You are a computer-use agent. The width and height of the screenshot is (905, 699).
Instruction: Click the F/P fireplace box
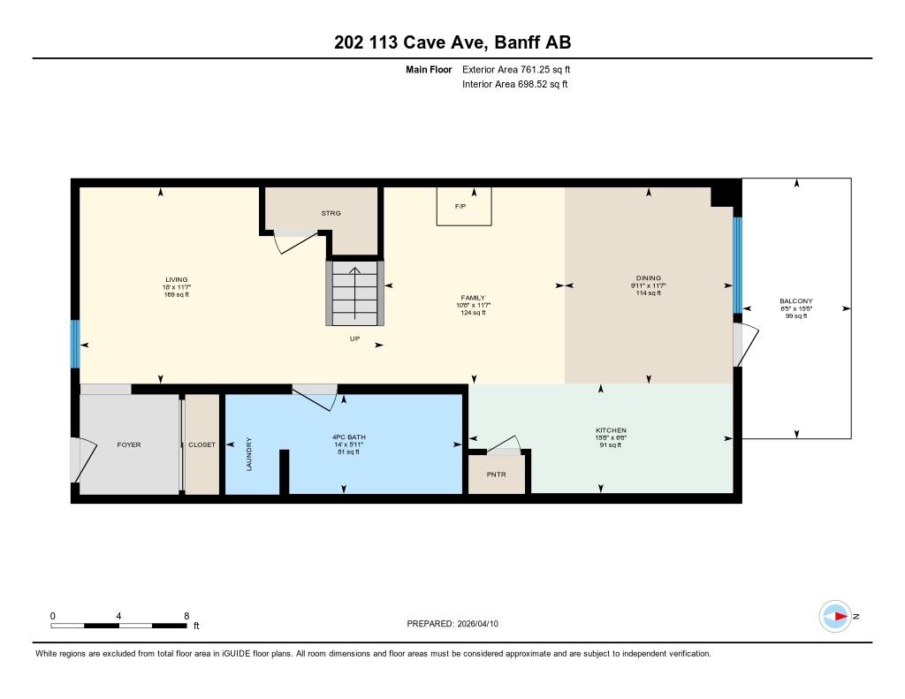464,206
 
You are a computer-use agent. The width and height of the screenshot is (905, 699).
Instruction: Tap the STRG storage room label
331,213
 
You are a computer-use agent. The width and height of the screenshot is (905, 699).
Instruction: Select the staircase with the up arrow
354,293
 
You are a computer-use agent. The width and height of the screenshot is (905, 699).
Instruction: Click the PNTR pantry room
497,474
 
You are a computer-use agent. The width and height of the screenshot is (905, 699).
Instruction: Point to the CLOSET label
202,444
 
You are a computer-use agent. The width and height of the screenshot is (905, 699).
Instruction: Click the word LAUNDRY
249,454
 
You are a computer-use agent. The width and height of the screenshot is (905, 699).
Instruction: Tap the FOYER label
129,444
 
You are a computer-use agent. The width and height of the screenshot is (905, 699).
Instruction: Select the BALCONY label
796,300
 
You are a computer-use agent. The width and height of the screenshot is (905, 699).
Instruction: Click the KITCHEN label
612,430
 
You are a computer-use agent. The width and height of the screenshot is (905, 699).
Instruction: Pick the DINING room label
649,277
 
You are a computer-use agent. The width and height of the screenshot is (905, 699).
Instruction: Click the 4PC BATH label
348,437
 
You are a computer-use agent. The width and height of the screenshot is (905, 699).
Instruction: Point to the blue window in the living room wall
75,344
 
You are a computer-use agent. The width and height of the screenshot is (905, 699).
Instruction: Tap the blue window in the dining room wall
737,265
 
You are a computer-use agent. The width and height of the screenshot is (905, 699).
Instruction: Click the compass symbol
835,617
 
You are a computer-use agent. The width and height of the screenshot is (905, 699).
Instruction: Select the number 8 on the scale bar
186,616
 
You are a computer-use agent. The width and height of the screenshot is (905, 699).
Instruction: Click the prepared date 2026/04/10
477,623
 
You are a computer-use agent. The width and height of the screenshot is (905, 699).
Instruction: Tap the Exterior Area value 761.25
534,69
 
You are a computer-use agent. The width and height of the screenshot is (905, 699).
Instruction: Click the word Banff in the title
517,42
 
